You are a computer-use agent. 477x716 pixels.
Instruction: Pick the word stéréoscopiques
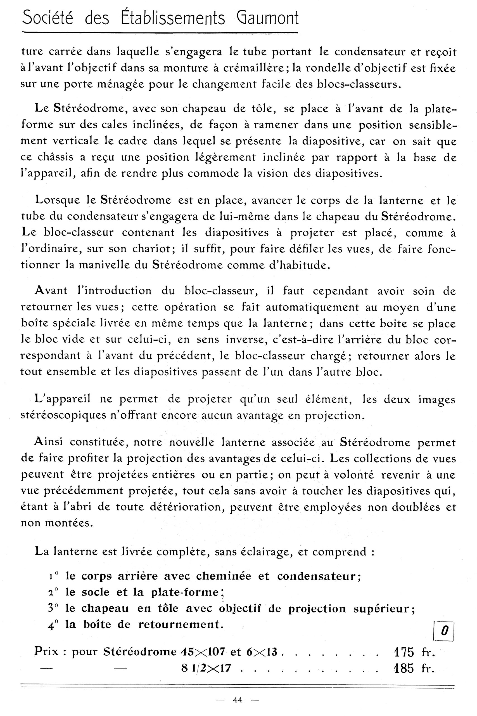point(63,416)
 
